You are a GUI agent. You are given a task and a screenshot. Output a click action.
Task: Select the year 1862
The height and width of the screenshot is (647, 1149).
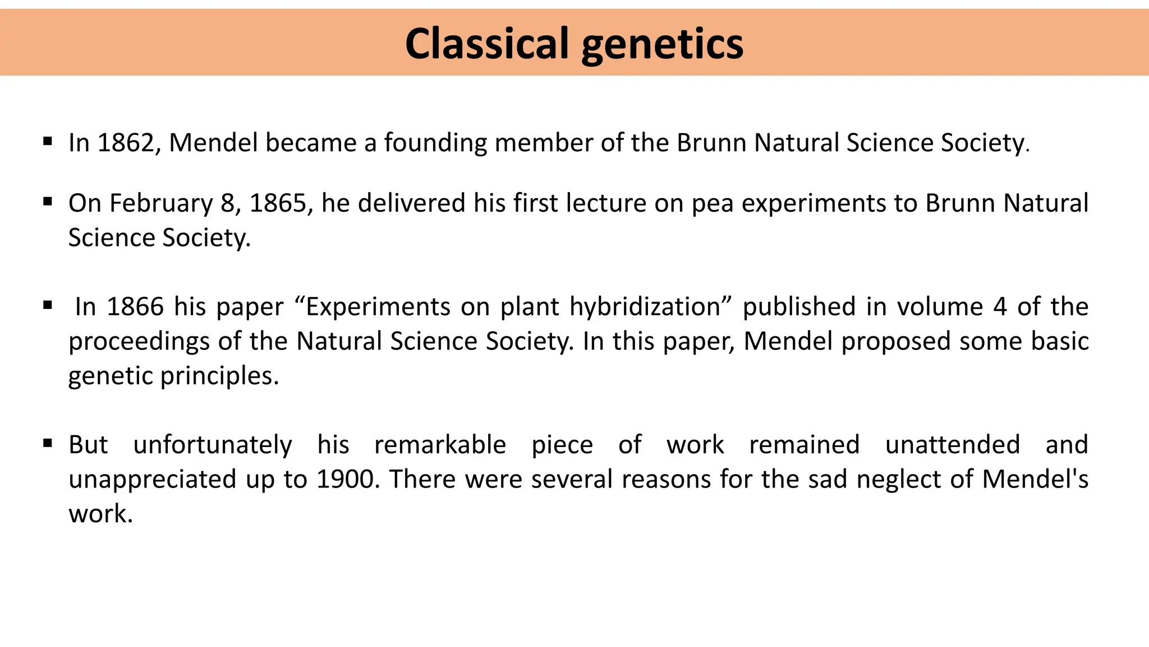[126, 143]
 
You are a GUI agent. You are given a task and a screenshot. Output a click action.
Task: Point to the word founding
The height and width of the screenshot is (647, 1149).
[435, 143]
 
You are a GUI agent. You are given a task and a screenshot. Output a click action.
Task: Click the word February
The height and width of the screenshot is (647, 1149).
[161, 203]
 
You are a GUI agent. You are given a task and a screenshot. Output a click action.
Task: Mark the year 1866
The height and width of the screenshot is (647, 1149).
[135, 307]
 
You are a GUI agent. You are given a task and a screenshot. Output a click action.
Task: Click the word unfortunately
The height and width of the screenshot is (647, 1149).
[213, 445]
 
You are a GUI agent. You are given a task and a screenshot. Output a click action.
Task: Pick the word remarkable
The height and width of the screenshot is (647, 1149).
[440, 445]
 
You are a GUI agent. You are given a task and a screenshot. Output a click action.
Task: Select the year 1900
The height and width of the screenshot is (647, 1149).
[345, 480]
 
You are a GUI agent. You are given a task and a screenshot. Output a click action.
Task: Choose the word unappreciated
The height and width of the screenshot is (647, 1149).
[152, 480]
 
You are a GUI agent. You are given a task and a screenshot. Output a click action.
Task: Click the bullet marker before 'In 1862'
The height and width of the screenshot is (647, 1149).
[48, 141]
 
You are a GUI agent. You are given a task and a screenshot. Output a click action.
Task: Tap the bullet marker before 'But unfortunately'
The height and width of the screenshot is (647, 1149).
[48, 444]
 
